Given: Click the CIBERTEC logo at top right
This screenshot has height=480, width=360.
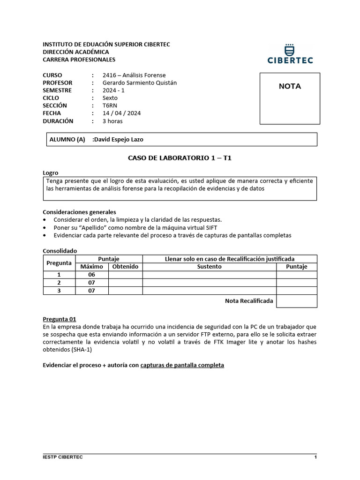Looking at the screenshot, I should pos(290,54).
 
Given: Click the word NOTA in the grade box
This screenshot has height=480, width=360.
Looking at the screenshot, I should pos(290,86).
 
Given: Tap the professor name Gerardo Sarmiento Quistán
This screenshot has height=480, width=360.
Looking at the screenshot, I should pos(140,82).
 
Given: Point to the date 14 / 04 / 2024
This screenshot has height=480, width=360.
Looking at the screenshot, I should pos(122,113).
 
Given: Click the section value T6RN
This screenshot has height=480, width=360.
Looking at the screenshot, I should pos(110,105).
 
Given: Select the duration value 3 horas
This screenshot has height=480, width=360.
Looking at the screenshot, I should pos(112,121).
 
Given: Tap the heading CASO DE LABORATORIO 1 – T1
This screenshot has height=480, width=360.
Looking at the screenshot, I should pos(180,158).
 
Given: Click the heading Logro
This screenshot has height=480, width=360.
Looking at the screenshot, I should pos(51,173).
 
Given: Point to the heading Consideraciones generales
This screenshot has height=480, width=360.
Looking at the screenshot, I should pos(79,212).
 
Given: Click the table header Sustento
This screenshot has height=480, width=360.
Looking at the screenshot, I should pos(209,267).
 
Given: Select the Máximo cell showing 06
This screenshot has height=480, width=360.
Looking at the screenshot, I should pos(91,275).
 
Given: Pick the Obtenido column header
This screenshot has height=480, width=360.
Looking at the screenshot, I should pos(125,267).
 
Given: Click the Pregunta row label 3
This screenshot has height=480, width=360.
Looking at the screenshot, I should pos(59,291).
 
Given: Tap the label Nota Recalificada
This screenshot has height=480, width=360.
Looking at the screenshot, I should pos(249,300).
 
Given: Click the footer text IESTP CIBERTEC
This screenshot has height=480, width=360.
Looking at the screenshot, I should pos(63,457).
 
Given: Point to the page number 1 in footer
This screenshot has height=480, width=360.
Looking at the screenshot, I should pos(315,457).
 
